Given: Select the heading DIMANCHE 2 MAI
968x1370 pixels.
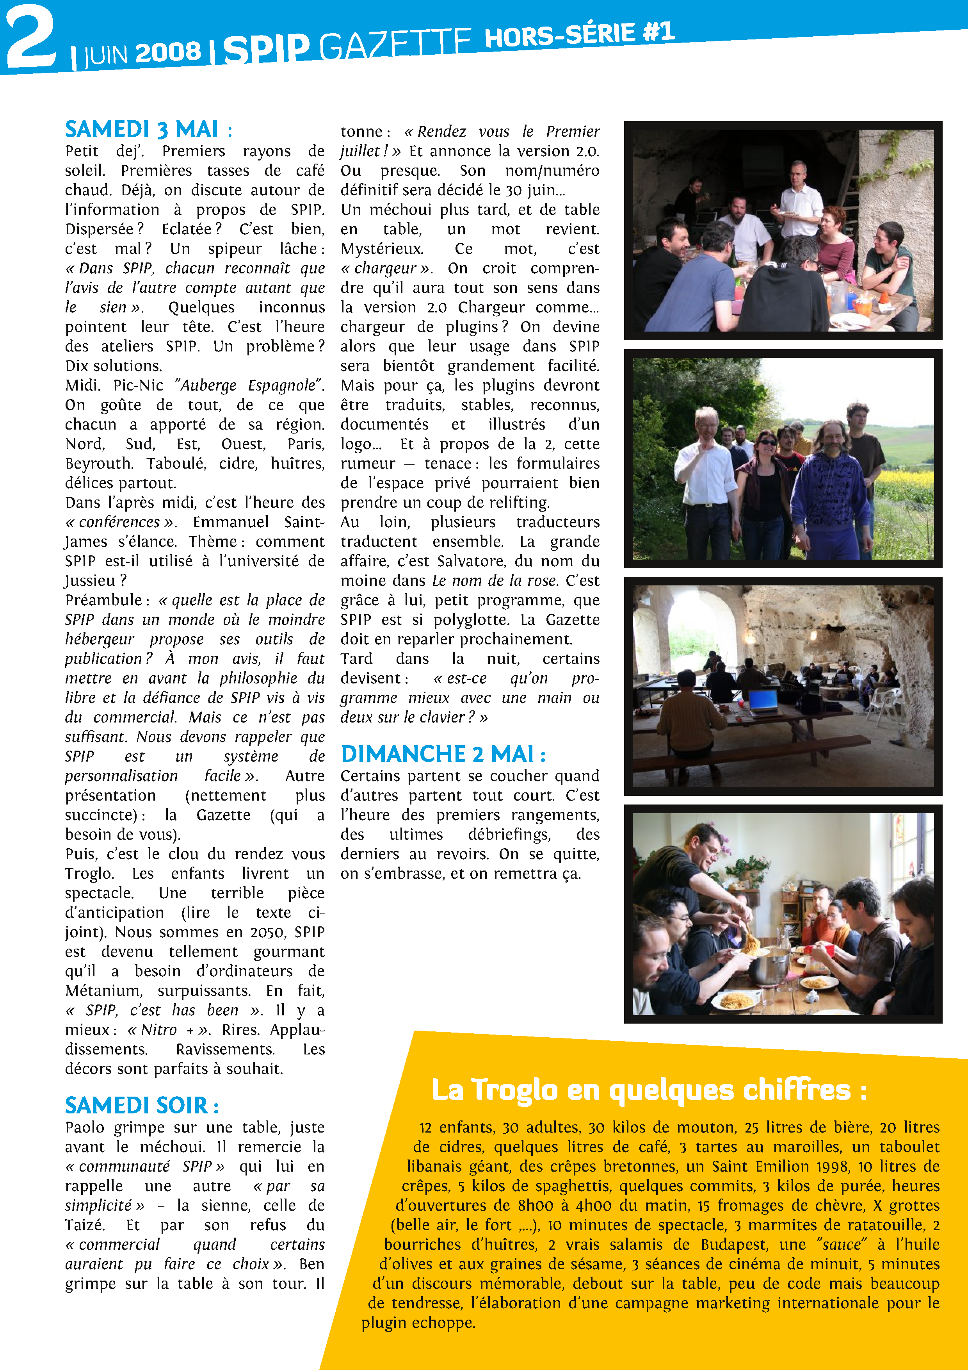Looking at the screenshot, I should point(443,754).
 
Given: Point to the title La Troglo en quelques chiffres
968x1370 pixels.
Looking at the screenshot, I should point(649,1090).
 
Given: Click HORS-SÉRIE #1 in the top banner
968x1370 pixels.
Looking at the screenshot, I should point(578,34).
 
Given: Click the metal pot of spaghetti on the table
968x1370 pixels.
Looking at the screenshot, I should point(769,967).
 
